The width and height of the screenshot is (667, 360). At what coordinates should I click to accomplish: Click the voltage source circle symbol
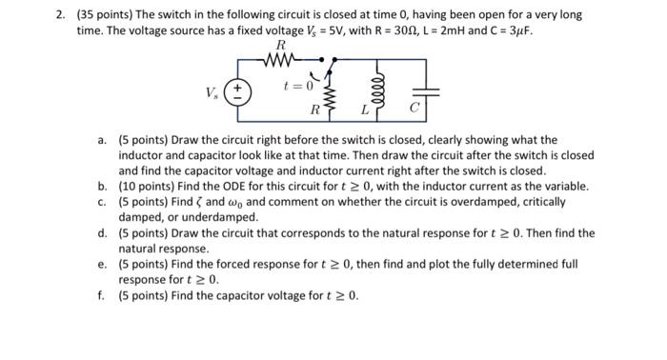244,94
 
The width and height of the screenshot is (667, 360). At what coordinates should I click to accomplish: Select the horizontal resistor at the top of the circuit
280,64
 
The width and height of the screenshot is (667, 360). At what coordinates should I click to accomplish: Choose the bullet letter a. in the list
102,140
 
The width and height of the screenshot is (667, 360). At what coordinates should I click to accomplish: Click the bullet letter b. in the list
102,187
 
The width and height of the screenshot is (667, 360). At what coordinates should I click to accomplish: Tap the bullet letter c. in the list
102,202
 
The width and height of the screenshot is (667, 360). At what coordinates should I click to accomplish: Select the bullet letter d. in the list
102,232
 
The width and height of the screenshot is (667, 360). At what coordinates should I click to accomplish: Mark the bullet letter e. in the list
102,264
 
